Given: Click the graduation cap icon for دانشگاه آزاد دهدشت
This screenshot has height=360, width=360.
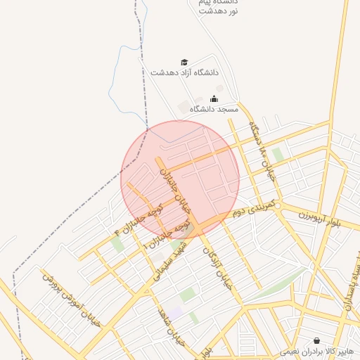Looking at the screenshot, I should click(184, 63).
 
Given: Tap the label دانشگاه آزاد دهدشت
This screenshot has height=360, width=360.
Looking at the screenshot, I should click(184, 72).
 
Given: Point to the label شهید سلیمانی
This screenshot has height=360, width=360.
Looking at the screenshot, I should click(168, 257).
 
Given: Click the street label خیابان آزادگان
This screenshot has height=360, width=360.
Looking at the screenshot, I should click(217, 271).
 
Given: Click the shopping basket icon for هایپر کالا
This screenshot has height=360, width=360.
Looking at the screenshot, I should click(317, 340).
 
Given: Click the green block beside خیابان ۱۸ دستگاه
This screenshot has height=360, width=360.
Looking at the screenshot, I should click(277, 154).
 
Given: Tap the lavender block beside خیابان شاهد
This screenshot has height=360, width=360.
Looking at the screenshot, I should click(174, 311).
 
